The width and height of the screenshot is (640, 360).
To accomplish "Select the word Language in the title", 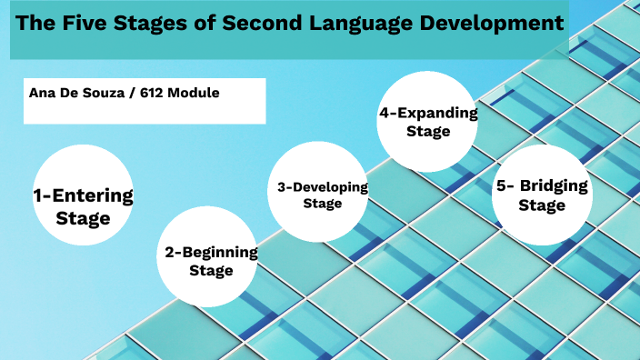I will coord(368,25).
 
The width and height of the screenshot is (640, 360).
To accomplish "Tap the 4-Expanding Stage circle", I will coord(428,121).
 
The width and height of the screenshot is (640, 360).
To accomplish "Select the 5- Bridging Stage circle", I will coord(542,195).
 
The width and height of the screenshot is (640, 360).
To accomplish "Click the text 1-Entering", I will coord(83,195).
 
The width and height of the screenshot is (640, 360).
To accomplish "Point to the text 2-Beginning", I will coord(211,252).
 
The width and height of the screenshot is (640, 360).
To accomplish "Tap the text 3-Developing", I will coord(323,187).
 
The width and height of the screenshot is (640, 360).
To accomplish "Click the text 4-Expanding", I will coord(428,114).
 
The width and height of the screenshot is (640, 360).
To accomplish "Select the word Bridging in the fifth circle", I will coord(555,186).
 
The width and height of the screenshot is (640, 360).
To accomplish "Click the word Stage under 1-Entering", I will coord(83,218).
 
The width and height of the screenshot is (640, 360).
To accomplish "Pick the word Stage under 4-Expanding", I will coord(428,131).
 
